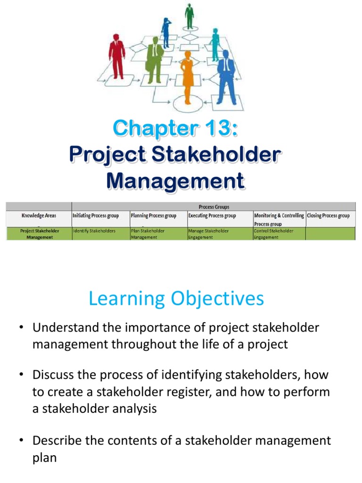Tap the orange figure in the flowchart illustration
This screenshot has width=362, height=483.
[188, 75]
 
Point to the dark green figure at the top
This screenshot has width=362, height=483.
[189, 16]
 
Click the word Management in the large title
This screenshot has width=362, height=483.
[175, 181]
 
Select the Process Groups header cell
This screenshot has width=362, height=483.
[214, 207]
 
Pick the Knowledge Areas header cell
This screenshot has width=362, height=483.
[39, 216]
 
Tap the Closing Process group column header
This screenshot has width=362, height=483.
[329, 216]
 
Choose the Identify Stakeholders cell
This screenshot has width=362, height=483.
[94, 231]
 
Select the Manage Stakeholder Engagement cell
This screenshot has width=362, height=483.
[208, 234]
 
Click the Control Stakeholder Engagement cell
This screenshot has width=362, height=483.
[273, 234]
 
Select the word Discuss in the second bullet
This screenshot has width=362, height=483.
[53, 375]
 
